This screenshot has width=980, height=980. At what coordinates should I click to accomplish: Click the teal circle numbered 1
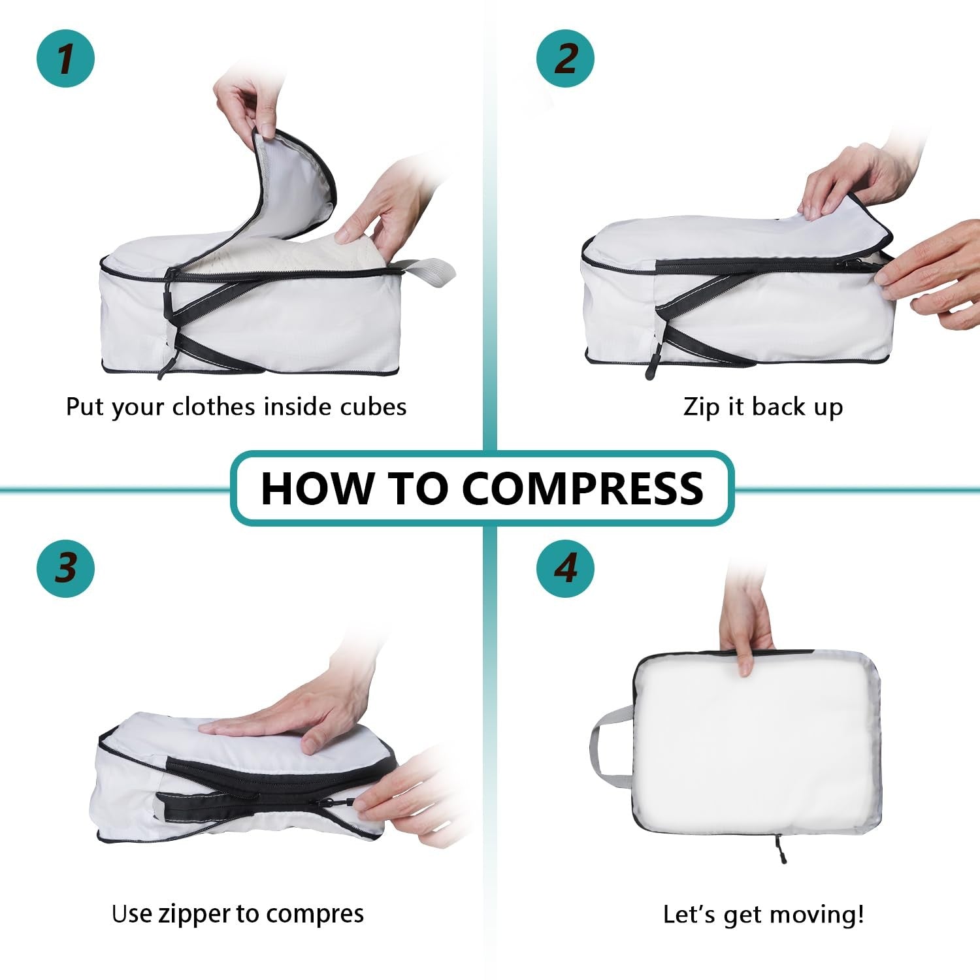pos(65,58)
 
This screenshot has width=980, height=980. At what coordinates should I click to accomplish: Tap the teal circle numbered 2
pos(565,58)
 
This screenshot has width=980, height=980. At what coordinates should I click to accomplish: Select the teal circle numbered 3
pos(65,567)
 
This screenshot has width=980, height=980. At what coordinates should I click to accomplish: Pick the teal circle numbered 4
pos(565,567)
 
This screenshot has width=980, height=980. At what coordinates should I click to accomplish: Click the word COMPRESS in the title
pos(583,489)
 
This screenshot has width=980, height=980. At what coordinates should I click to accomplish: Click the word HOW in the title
pos(318,489)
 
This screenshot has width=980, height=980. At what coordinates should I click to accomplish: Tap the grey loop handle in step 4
pos(608,745)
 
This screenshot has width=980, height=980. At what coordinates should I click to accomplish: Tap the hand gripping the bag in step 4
pos(745,627)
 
